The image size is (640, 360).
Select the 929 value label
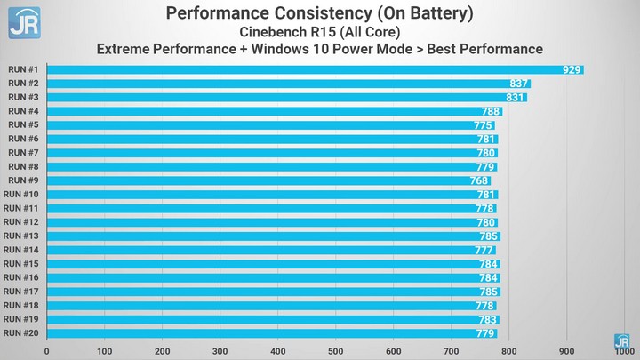tap(572, 69)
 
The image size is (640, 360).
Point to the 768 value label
tap(479, 180)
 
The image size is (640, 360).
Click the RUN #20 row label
tap(21, 332)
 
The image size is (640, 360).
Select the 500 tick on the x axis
tap(335, 351)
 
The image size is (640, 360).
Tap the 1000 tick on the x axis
tap(623, 351)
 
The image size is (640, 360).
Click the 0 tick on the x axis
tap(47, 351)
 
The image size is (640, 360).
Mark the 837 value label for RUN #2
tap(519, 84)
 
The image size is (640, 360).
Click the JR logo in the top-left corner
tap(24, 22)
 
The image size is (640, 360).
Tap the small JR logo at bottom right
tap(623, 340)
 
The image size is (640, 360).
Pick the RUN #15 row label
tap(21, 263)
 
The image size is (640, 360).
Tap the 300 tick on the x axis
tap(220, 351)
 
